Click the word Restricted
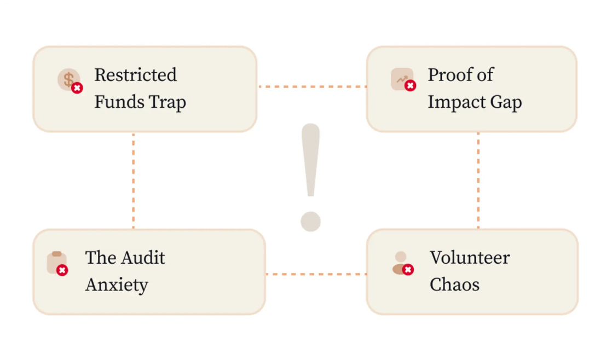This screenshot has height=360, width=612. pyautogui.click(x=135, y=75)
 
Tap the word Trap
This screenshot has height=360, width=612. pyautogui.click(x=168, y=103)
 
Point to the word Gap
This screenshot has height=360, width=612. pyautogui.click(x=506, y=103)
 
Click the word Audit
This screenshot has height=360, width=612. pyautogui.click(x=142, y=258)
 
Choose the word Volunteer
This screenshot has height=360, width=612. pyautogui.click(x=470, y=258)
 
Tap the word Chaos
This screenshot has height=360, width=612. pyautogui.click(x=454, y=284)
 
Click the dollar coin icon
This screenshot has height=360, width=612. pyautogui.click(x=68, y=79)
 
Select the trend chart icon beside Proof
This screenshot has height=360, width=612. pyautogui.click(x=402, y=79)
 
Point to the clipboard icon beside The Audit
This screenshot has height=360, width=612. pyautogui.click(x=56, y=263)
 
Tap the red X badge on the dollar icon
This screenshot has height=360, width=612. pyautogui.click(x=77, y=88)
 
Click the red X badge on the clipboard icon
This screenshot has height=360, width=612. pyautogui.click(x=62, y=270)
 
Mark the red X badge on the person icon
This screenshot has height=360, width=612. pyautogui.click(x=408, y=270)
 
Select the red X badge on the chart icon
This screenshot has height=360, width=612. pyautogui.click(x=410, y=85)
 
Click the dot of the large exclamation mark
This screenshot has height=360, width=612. pyautogui.click(x=311, y=222)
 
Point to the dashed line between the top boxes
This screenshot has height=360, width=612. pyautogui.click(x=312, y=86)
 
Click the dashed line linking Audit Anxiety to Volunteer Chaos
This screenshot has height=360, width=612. pyautogui.click(x=316, y=274)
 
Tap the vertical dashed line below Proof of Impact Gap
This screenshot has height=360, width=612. pyautogui.click(x=478, y=181)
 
